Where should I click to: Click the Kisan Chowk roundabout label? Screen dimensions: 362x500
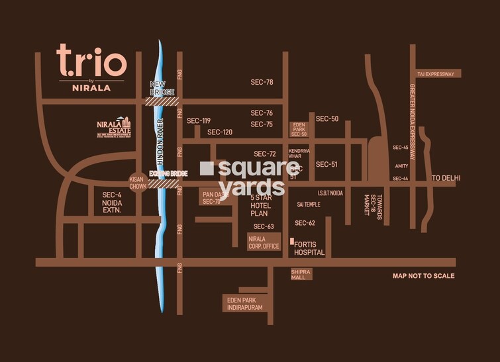coord(138,183)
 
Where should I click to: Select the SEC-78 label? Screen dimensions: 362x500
coord(262,82)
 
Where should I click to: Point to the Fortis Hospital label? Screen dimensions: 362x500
coord(309,248)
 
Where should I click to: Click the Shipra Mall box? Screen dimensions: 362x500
coord(301,275)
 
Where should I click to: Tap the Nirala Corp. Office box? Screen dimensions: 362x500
coord(264,242)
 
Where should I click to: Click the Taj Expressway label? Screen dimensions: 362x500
coord(435,74)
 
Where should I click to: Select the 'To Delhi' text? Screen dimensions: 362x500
coord(446,178)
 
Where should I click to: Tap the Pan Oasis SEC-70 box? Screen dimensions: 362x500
coord(211,198)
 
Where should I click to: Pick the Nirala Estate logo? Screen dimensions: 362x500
coord(114,127)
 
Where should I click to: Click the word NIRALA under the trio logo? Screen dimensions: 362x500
coord(91,86)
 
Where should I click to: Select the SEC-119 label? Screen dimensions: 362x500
coord(198,120)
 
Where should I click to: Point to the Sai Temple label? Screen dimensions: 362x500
coord(309,204)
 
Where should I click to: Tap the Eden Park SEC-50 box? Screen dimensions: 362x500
coord(299,129)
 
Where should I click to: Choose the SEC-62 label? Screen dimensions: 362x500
coord(305,223)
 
